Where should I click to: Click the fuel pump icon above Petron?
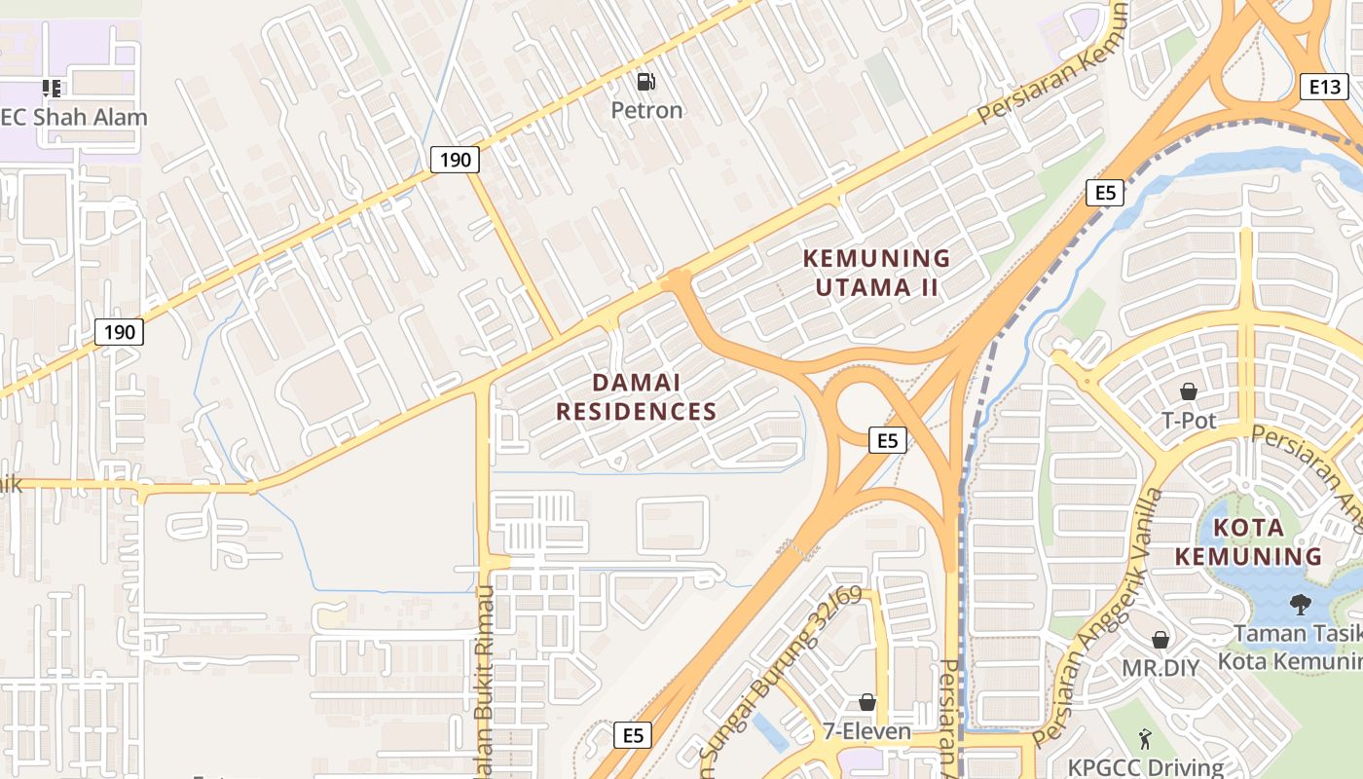(645, 81)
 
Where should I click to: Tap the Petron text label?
(646, 110)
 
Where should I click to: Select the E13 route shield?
(1324, 87)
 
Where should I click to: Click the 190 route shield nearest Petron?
(454, 159)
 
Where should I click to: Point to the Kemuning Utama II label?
(875, 273)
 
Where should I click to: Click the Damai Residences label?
(637, 397)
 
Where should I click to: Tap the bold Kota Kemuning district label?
(1248, 542)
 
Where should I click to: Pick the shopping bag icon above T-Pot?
(1189, 391)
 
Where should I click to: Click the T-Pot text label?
(1190, 421)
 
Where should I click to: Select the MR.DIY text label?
(1160, 669)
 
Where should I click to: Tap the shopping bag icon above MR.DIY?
(1160, 640)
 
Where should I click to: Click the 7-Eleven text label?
(866, 731)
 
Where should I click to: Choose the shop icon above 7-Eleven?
(866, 702)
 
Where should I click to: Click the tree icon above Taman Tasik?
(1300, 604)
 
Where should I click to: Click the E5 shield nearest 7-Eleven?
(633, 735)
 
